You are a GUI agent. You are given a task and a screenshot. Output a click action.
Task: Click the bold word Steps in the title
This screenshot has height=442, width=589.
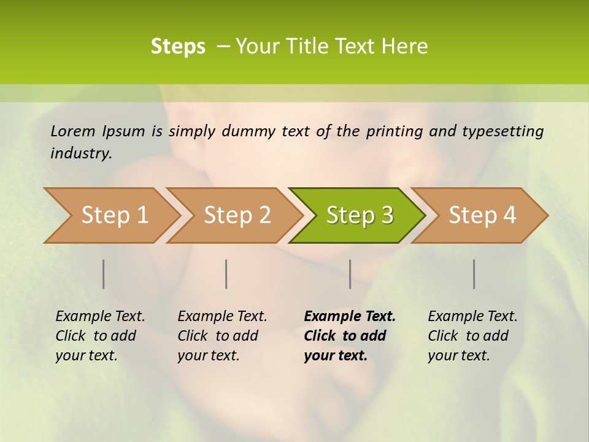[178, 47]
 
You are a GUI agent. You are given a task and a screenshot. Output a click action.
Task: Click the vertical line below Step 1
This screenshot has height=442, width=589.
[104, 274]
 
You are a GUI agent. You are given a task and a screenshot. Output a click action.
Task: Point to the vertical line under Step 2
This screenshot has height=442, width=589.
[226, 274]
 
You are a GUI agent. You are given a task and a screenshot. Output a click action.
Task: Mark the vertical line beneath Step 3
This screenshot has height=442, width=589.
[350, 274]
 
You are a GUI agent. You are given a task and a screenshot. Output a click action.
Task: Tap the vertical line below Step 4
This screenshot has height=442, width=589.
[474, 274]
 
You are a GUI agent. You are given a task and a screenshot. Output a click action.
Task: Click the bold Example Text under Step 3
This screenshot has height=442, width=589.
[350, 317]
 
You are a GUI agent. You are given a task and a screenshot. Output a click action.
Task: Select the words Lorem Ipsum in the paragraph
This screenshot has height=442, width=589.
[98, 131]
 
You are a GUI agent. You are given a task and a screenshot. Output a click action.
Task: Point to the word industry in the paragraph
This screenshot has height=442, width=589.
[80, 153]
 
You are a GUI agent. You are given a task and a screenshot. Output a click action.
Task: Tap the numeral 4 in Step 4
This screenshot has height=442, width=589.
[509, 215]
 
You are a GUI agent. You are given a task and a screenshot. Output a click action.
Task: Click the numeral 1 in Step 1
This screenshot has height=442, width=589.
[142, 215]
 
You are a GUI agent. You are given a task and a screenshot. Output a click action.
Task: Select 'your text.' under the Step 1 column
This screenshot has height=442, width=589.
[86, 355]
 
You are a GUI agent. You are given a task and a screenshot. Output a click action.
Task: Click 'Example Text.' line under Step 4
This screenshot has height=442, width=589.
[472, 317]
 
